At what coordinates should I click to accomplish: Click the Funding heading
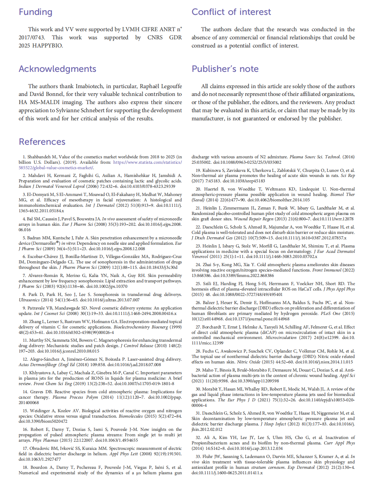pos(35,12)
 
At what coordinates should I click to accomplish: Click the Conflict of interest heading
pos(231,12)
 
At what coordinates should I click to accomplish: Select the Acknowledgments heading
pos(57,69)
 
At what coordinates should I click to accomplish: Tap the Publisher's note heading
pos(225,69)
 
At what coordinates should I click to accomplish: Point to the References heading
pos(42,142)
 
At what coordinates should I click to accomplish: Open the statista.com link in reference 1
pos(147,162)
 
